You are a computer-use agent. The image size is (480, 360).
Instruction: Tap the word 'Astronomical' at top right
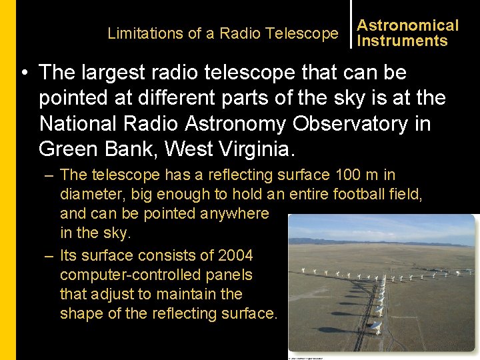tap(407, 25)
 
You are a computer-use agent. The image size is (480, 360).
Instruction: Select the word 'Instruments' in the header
tap(402, 41)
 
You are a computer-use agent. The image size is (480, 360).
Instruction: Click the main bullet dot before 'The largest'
tap(25, 73)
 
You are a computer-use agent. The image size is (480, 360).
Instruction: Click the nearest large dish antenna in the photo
tap(375, 327)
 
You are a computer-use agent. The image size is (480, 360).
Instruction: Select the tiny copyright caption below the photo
tap(305, 357)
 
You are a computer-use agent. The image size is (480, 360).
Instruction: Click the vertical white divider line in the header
tap(351, 24)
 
